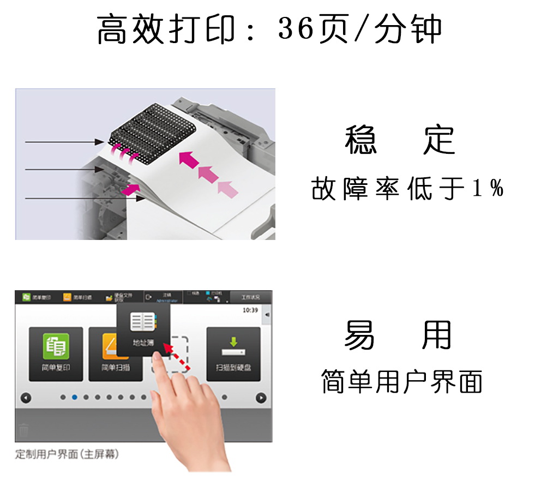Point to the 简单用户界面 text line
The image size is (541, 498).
click(x=402, y=381)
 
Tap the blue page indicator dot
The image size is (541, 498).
click(x=75, y=397)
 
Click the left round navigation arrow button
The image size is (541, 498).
click(x=26, y=398)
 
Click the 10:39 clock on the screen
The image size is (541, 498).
click(x=250, y=310)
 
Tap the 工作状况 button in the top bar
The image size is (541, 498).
click(x=250, y=297)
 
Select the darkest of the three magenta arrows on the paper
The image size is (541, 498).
click(x=188, y=159)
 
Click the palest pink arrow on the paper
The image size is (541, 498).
click(x=228, y=188)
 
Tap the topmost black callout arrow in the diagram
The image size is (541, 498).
click(x=63, y=142)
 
